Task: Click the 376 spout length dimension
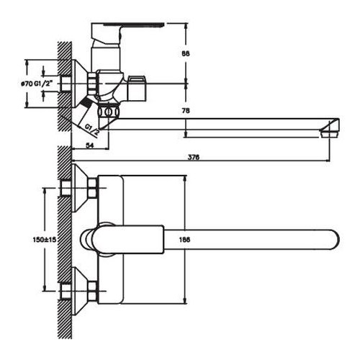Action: pos(194,158)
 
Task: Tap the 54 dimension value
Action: pos(89,145)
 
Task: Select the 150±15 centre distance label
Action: pos(44,240)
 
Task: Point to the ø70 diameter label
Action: pos(26,84)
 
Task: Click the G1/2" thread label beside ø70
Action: pos(43,84)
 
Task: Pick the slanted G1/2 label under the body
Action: pos(92,130)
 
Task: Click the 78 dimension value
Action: pos(185,111)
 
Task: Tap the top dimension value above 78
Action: pos(185,54)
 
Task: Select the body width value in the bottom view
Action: pos(184,240)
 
